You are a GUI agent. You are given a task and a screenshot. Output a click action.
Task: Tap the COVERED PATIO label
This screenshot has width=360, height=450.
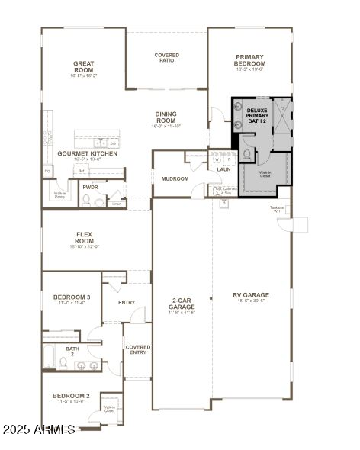point(166,58)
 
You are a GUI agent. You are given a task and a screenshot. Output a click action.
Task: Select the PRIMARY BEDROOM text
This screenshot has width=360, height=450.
point(249,60)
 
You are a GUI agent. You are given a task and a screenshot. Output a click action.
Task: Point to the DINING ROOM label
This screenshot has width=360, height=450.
point(166,117)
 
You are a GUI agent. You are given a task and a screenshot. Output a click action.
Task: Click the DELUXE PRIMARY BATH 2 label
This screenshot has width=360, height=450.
point(257,117)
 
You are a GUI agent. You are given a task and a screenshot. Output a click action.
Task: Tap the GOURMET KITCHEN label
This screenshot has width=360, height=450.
point(88,154)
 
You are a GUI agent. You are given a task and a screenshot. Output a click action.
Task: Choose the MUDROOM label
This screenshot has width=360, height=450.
point(175,178)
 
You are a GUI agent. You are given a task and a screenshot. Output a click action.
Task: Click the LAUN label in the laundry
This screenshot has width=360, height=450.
point(223,169)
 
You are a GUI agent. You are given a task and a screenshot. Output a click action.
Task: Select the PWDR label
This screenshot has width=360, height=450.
point(90,187)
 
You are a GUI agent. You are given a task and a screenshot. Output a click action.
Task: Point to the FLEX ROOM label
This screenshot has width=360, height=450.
point(84,238)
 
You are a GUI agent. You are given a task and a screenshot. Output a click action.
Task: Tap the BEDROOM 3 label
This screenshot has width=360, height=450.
point(72,297)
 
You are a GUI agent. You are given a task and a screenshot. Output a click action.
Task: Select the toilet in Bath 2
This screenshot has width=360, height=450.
point(66,364)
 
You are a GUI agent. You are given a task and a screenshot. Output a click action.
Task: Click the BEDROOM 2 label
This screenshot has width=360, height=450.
point(71,397)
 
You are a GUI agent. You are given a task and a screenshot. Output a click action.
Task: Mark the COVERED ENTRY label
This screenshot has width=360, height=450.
point(138,349)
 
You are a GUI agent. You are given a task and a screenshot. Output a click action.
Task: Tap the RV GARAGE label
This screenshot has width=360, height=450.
point(251,295)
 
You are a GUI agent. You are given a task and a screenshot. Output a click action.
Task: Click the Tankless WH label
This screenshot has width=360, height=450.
point(277,208)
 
